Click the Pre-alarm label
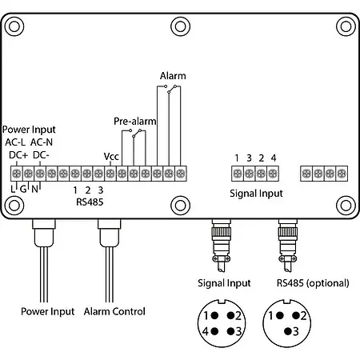click(x=134, y=121)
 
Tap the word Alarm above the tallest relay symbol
click(x=173, y=76)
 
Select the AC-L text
click(x=18, y=142)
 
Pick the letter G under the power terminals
click(x=25, y=189)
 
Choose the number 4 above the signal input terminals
click(x=273, y=157)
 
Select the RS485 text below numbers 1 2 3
click(x=89, y=202)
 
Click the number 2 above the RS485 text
click(x=88, y=190)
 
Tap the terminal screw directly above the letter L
click(x=16, y=173)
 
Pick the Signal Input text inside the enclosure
click(x=255, y=193)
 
